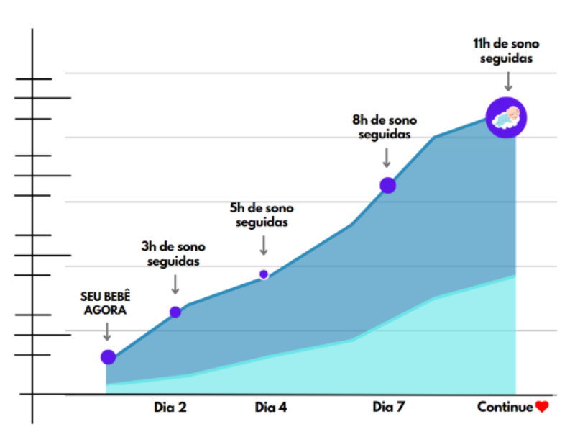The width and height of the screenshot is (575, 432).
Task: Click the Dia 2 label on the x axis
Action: coord(170,407)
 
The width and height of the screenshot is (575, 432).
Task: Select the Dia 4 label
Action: coord(271,407)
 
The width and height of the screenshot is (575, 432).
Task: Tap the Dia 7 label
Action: coord(388,407)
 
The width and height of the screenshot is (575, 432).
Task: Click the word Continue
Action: coord(505,407)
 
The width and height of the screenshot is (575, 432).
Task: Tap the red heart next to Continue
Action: coord(542,407)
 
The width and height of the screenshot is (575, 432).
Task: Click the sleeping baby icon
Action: coord(506,117)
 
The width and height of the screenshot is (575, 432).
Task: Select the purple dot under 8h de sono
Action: coord(388,185)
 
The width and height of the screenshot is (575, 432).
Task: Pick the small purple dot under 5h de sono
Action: coord(264,274)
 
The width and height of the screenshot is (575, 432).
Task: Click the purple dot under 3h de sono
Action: coord(175,312)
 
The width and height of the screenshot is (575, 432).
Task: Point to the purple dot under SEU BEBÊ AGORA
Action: coord(109,356)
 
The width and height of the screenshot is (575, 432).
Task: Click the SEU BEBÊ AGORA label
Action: coord(106,305)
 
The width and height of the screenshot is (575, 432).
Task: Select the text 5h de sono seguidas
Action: coord(262,215)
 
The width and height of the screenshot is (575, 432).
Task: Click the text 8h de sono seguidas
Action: coord(385,127)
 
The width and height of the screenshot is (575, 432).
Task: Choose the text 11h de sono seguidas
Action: coord(507,51)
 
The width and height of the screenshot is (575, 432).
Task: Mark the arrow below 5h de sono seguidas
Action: coord(264,245)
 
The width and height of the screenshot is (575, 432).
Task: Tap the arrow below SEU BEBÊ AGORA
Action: coord(107,331)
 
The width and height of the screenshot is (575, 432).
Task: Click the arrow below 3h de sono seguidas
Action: coord(175,284)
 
